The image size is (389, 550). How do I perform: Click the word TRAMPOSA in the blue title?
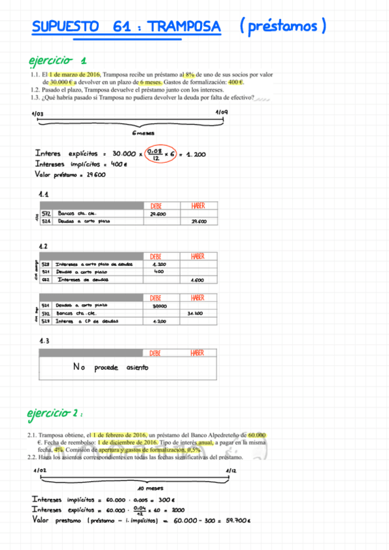(x=184, y=27)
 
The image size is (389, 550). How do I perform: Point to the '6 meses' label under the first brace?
(x=142, y=134)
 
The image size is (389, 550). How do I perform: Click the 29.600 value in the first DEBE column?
(x=158, y=213)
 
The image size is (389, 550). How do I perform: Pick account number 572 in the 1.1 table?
(x=46, y=213)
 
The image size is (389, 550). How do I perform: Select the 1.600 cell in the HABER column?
(x=197, y=280)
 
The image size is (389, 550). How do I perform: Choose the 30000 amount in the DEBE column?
(x=159, y=305)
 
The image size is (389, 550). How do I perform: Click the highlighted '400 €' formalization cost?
(x=236, y=82)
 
